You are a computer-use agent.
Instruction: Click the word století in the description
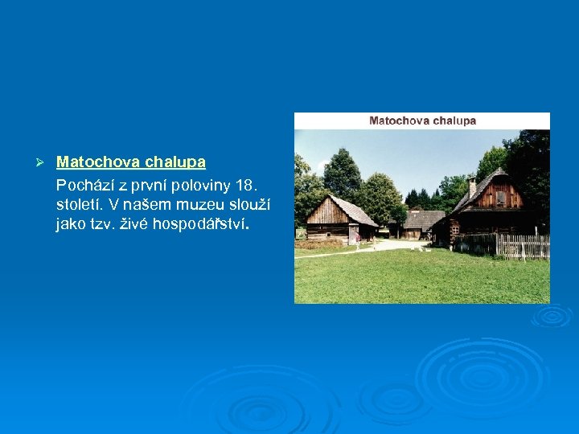[x=80, y=205]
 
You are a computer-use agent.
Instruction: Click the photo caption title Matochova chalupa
[x=422, y=121]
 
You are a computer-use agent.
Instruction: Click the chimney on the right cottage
[x=472, y=185]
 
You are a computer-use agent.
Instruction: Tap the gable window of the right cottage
[x=500, y=197]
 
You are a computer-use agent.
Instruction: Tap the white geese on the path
[x=372, y=248]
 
